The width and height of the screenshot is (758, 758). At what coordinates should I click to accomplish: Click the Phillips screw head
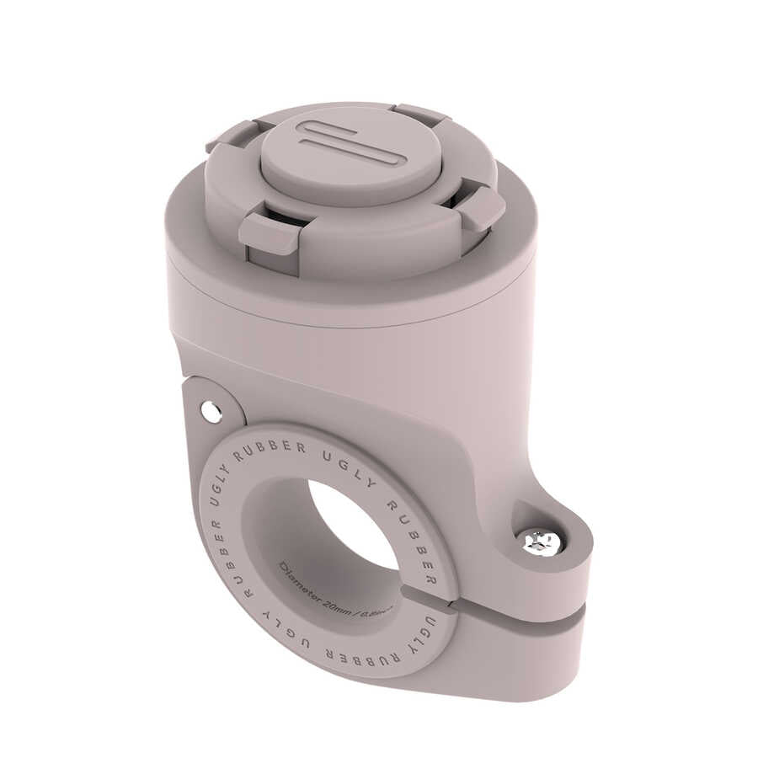tap(541, 543)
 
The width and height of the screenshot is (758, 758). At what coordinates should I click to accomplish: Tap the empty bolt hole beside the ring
tap(211, 412)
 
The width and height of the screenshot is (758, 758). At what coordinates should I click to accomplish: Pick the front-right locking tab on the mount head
tap(482, 208)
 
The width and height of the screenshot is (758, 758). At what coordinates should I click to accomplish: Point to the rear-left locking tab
tap(229, 136)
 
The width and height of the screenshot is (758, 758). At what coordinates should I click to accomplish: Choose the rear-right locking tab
tap(421, 114)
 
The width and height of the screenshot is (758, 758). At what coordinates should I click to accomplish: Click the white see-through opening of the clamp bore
tap(354, 522)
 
